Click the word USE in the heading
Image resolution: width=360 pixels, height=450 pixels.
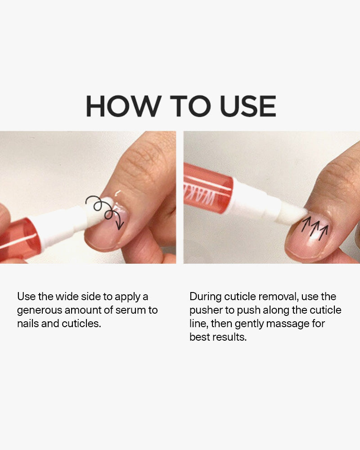[x=248, y=106]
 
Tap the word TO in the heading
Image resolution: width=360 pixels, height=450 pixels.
[x=191, y=106]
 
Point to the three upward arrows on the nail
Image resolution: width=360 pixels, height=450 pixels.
[x=315, y=228]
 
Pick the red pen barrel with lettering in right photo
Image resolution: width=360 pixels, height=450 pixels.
[x=208, y=188]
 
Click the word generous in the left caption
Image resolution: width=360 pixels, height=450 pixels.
[x=39, y=310]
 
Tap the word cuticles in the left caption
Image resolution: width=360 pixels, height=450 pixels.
[x=81, y=324]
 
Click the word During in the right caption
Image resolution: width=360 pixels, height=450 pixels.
[x=205, y=297]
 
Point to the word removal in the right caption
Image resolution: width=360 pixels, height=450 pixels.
[x=278, y=297]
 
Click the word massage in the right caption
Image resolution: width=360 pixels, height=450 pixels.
[x=288, y=324]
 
